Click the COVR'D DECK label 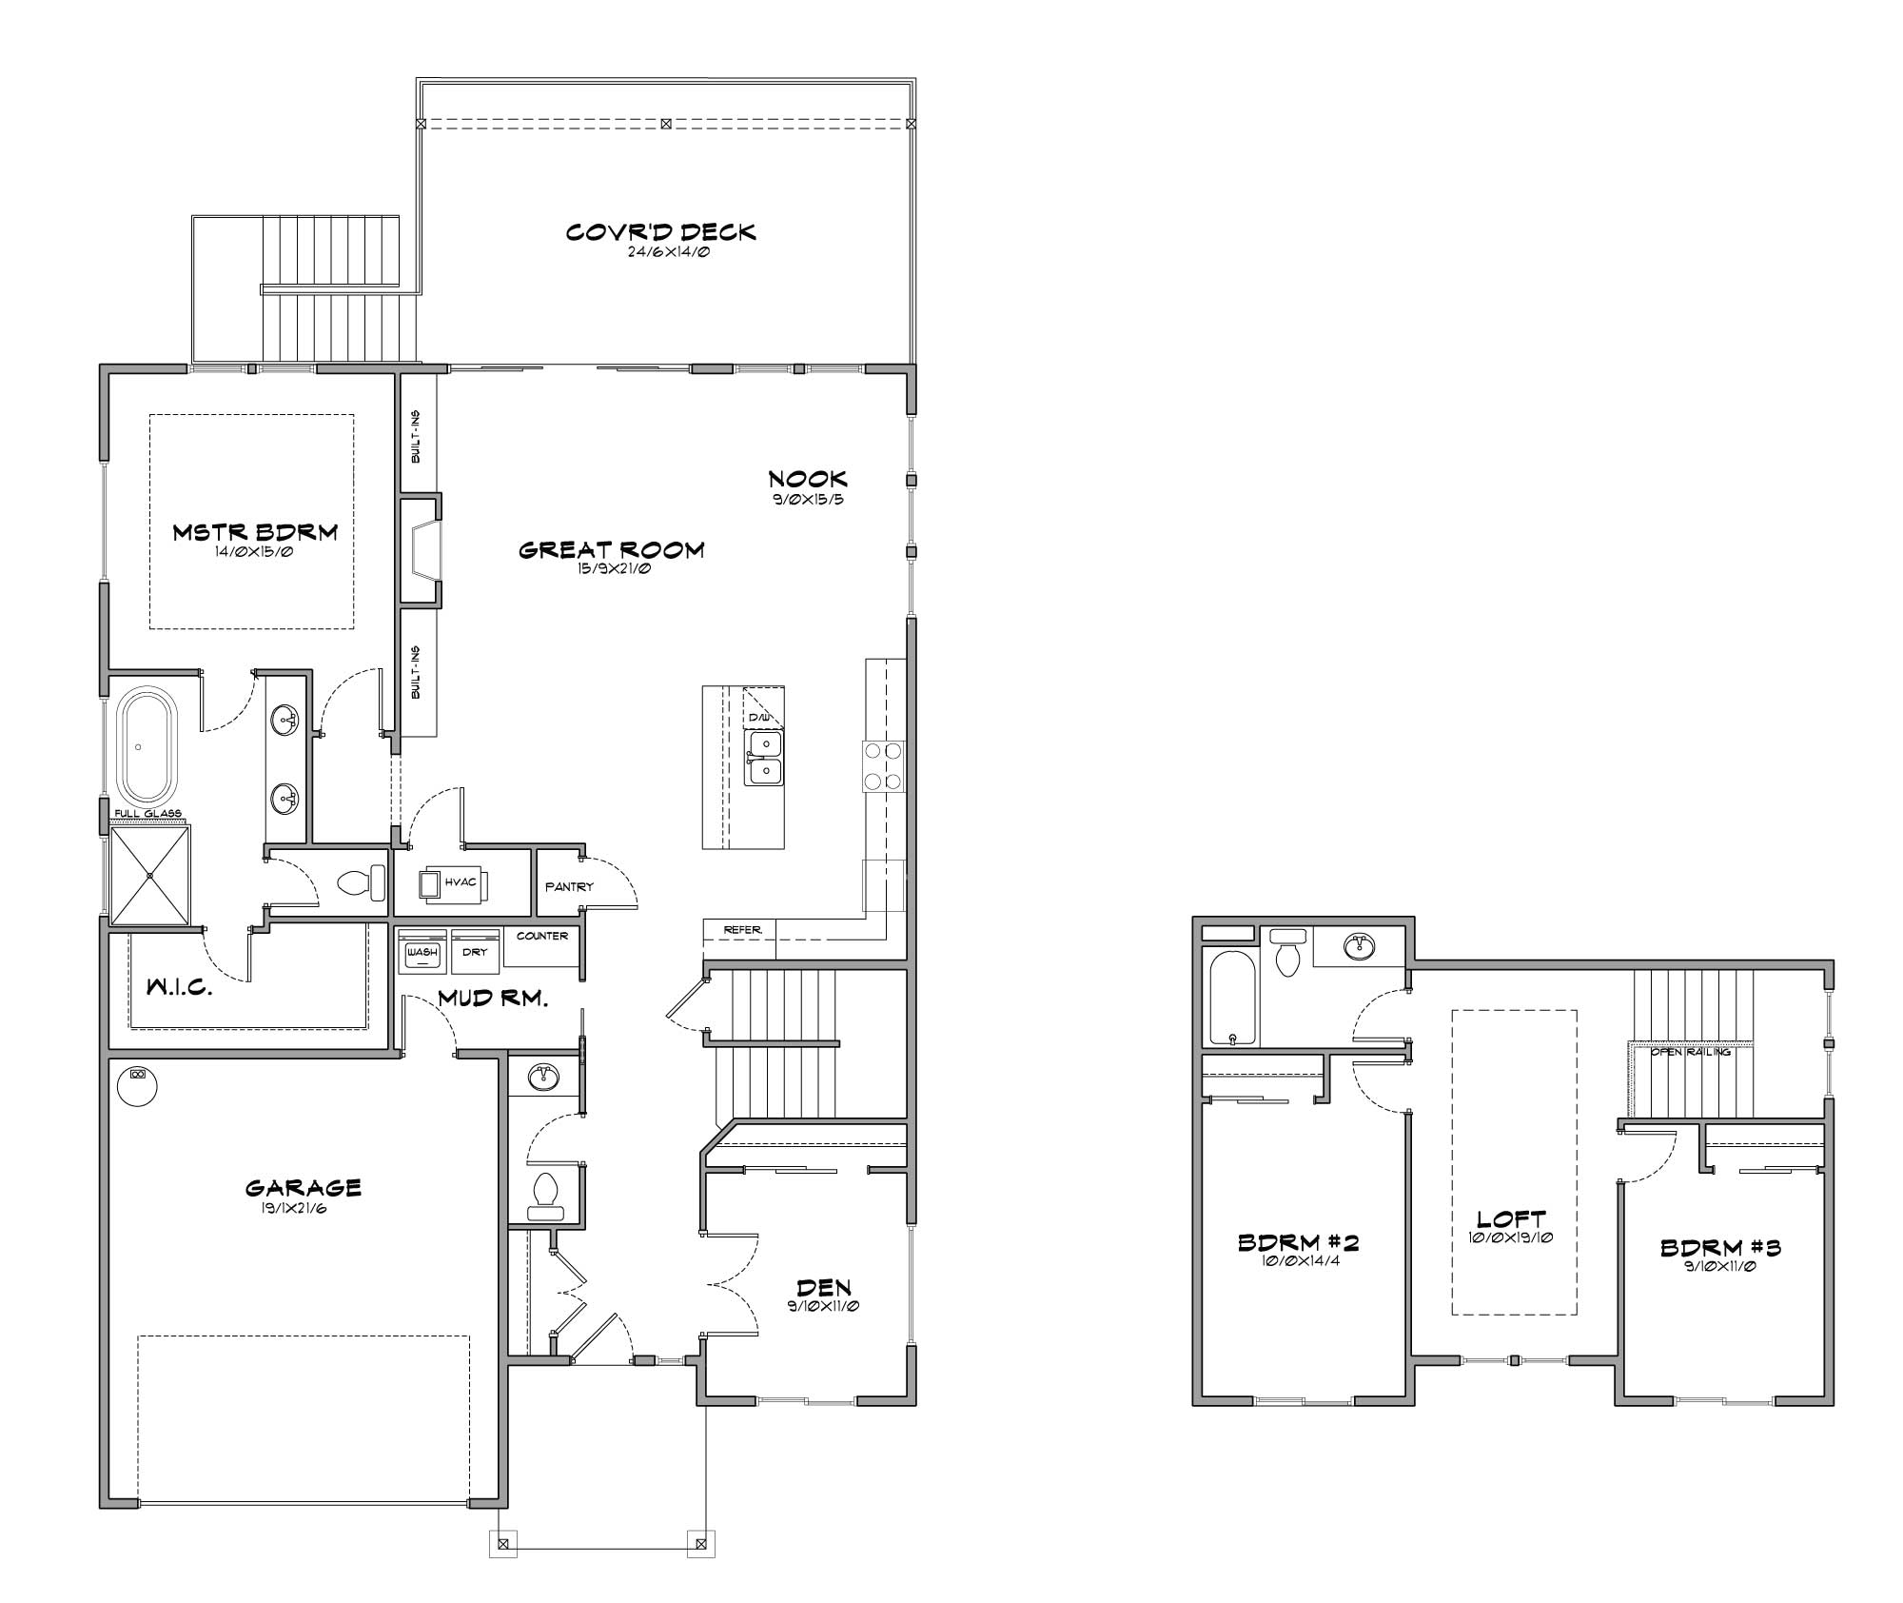(660, 232)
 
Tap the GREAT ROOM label (611, 550)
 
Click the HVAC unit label (461, 882)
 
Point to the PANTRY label (569, 886)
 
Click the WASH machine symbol (422, 951)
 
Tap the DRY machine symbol (475, 951)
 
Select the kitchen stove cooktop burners (882, 766)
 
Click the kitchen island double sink (763, 758)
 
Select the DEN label (824, 1288)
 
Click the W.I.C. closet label (178, 988)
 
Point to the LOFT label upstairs (1511, 1218)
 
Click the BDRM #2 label (1298, 1242)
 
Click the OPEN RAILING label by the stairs (1690, 1052)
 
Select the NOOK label (808, 479)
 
